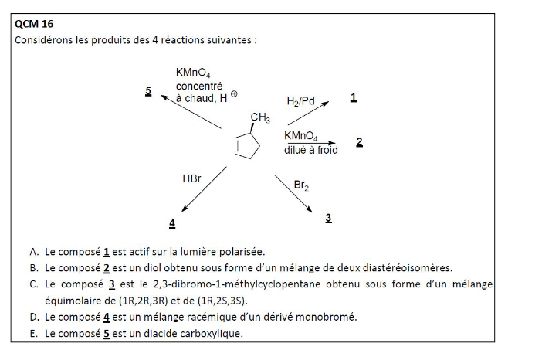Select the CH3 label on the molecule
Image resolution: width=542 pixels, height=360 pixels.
pos(260,118)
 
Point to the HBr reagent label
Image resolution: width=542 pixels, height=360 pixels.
pos(191,178)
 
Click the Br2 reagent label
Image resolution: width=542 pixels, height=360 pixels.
pos(301,185)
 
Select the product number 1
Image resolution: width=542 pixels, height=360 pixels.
pos(353,98)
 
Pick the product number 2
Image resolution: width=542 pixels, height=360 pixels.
pos(359,143)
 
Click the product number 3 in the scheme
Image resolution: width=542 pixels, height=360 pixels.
pos(328,219)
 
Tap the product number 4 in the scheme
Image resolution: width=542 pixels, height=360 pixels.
pos(172,223)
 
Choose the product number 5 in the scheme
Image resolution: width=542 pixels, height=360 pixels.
pos(147,90)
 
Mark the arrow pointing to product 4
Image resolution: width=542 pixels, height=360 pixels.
pos(202,188)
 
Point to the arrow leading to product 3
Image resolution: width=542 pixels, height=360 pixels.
pos(293,193)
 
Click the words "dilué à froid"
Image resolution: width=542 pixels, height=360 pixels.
pos(310,150)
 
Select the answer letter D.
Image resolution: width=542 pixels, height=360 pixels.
pos(34,317)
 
